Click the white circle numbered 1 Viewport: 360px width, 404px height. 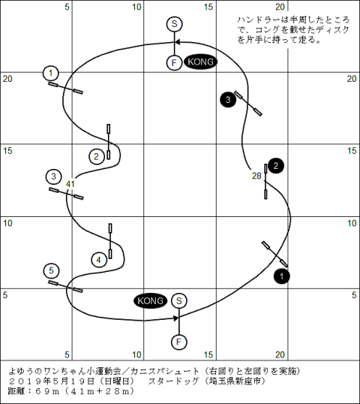click(x=51, y=74)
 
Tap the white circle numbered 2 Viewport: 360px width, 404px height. click(x=97, y=156)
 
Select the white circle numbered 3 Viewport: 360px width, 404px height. click(x=53, y=176)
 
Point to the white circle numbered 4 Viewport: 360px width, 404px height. click(x=99, y=260)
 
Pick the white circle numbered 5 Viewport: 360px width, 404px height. click(x=52, y=271)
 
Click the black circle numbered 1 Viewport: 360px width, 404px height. click(x=282, y=276)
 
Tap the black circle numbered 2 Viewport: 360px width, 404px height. click(x=276, y=166)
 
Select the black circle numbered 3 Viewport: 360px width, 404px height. click(x=228, y=99)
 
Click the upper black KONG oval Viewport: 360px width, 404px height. click(x=200, y=62)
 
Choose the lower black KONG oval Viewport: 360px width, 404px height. click(x=150, y=300)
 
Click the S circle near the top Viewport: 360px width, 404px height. click(x=174, y=24)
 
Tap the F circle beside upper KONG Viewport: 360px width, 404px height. click(x=174, y=62)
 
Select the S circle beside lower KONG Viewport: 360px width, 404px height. click(x=178, y=300)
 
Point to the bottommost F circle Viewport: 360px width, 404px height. click(x=178, y=342)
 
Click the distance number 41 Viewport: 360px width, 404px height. click(x=70, y=184)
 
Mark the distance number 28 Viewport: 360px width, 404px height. click(x=256, y=176)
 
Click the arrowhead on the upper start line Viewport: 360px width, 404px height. click(x=178, y=42)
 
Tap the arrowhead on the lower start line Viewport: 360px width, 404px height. click(x=176, y=318)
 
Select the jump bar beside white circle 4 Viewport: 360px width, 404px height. click(x=110, y=241)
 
